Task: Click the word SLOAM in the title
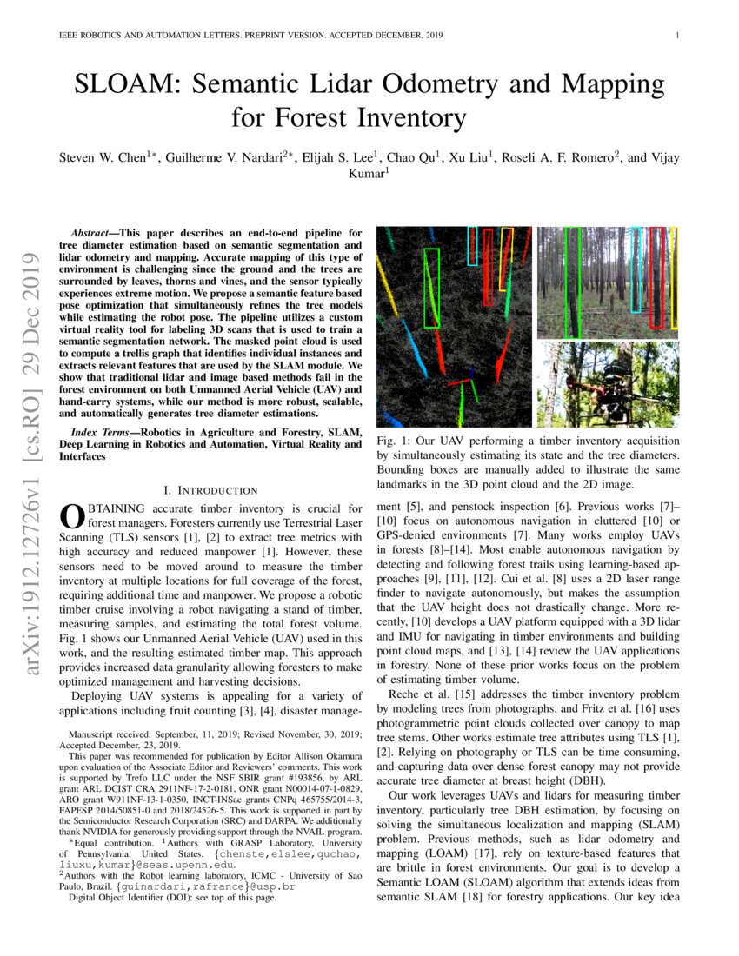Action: (x=125, y=84)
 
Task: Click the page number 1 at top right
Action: (x=676, y=36)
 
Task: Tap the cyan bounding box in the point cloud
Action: (x=472, y=246)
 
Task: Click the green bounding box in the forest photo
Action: (x=572, y=282)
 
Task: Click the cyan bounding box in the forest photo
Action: (x=636, y=269)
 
